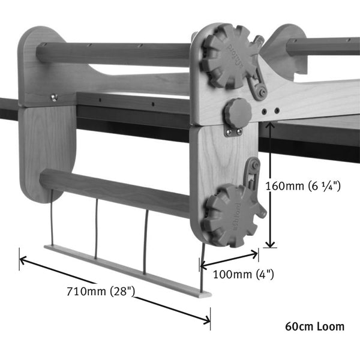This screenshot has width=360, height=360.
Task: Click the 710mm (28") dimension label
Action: tap(101, 292)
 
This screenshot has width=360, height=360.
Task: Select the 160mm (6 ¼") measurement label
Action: tap(303, 186)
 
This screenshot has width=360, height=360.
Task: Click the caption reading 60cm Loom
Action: tap(315, 327)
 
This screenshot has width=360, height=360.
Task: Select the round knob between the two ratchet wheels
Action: tap(238, 112)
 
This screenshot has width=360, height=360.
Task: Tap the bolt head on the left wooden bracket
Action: tap(54, 98)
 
